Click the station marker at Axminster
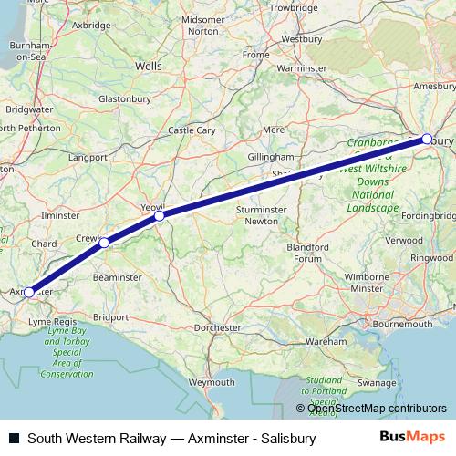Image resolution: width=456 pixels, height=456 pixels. [29, 292]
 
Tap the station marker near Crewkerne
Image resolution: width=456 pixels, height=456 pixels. [105, 243]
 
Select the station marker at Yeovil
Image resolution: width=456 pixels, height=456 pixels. [160, 216]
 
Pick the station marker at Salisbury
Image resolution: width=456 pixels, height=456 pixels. [427, 139]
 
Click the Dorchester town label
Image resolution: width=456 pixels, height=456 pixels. [220, 326]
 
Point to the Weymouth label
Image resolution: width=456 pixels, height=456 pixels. [212, 382]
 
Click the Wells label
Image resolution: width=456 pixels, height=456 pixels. [148, 67]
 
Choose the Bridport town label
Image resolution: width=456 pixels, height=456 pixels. [111, 317]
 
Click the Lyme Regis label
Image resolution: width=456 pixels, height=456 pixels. [54, 323]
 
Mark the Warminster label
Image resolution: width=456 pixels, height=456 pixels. [302, 67]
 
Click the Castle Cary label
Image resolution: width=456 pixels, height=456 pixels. [192, 130]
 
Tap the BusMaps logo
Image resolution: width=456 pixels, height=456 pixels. [419, 438]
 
